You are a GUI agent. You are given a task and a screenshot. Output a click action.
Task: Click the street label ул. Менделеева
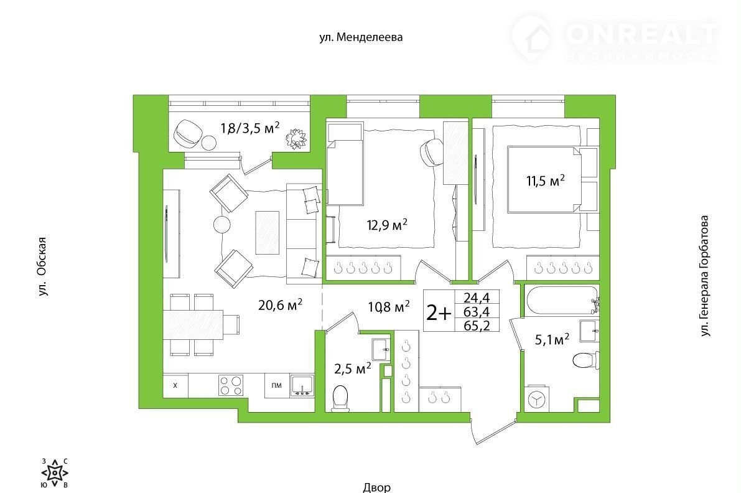pos(361,37)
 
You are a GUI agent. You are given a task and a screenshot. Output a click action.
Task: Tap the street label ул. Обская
pos(43,267)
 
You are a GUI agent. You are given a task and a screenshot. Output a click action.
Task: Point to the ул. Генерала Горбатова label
pos(705,276)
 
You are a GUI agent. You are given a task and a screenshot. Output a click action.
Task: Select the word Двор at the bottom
pos(377,487)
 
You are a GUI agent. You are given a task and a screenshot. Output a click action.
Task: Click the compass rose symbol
pos(55,472)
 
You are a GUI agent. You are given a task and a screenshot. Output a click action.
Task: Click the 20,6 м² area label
pos(280,305)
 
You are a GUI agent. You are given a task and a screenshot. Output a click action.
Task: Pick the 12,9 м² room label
pos(387,225)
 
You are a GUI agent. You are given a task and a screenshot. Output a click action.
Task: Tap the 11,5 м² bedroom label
pos(546,180)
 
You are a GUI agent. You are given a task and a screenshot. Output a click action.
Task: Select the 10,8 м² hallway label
pos(388,308)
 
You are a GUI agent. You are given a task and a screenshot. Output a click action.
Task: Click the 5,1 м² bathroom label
pos(551,339)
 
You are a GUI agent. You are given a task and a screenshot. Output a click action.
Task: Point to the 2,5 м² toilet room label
pos(352,369)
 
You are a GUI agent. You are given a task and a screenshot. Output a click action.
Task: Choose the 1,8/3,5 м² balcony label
pos(251,128)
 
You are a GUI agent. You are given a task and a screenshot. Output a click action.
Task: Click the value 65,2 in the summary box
pos(477,325)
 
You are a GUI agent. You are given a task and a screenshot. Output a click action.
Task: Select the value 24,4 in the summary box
pos(477,298)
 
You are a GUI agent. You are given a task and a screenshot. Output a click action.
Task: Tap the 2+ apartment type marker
pos(439,312)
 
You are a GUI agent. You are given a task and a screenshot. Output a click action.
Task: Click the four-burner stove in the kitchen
pos(231,385)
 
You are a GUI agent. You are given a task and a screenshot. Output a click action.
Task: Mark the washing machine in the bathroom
pos(536,400)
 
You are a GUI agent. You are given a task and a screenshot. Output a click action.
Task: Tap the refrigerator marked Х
pos(175,385)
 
